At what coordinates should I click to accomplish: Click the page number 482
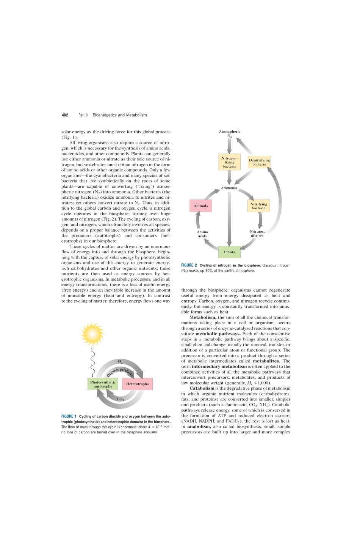65,115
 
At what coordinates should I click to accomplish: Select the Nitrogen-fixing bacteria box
229,162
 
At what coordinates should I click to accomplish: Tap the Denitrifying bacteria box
259,162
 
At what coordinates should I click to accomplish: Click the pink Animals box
200,206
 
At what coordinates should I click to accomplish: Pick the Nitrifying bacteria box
258,206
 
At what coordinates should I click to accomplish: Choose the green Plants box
229,252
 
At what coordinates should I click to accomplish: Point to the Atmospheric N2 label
230,133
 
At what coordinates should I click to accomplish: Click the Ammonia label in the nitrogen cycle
229,188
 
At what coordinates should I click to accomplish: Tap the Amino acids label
202,234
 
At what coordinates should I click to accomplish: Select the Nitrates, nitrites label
257,234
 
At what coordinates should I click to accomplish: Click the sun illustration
92,334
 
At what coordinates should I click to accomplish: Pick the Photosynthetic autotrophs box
103,384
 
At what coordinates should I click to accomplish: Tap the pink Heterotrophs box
137,384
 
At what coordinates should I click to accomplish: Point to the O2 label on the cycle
120,362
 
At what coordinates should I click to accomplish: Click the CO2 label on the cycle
120,399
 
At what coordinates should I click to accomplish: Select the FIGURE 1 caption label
69,416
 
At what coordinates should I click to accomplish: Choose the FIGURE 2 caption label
189,265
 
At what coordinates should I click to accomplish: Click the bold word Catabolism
202,388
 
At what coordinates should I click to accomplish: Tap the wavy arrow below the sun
92,362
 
